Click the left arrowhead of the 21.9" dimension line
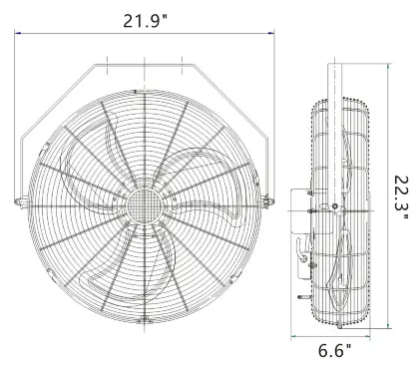pyautogui.click(x=17, y=32)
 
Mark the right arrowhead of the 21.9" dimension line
pyautogui.click(x=273, y=32)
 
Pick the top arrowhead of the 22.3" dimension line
pyautogui.click(x=387, y=66)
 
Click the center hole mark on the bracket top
pyautogui.click(x=146, y=66)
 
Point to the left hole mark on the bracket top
pyautogui.click(x=106, y=66)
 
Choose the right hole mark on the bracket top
pyautogui.click(x=186, y=66)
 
